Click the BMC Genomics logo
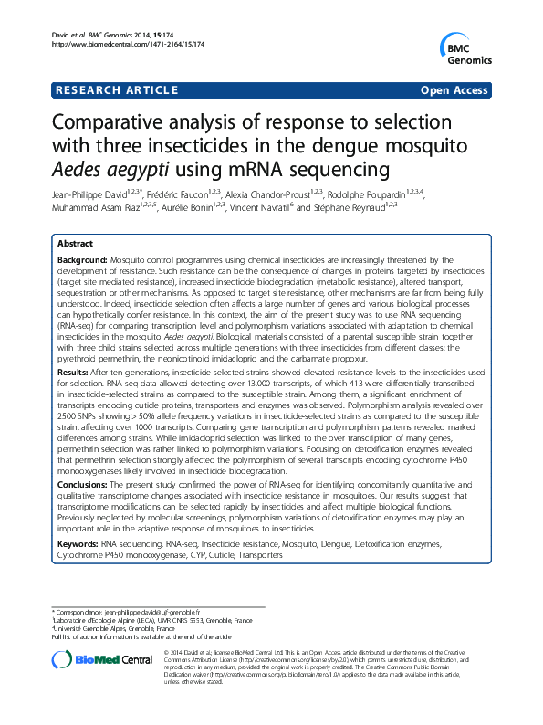click(473, 48)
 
